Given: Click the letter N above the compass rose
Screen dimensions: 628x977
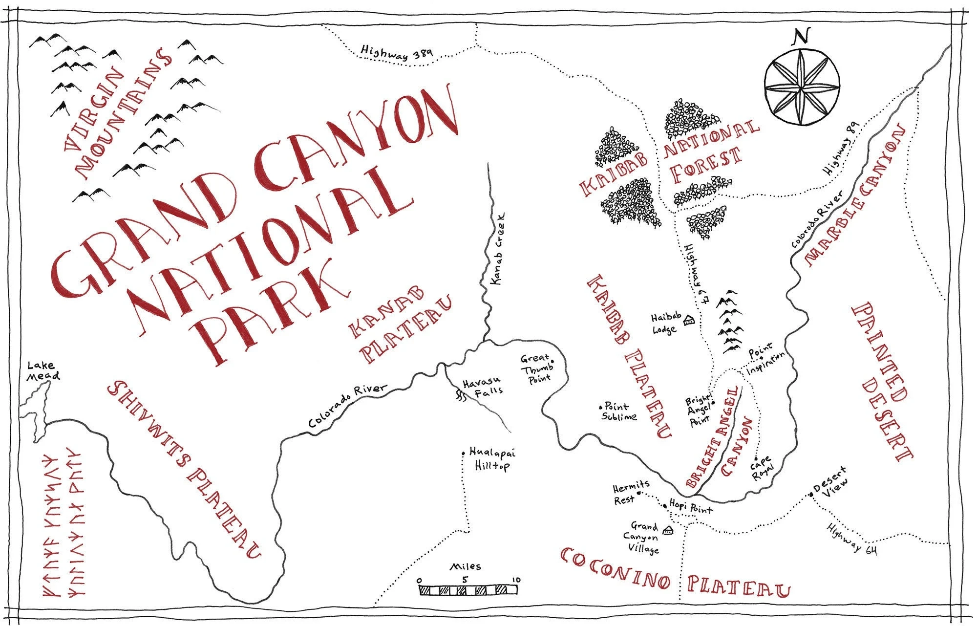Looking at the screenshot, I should click(x=801, y=37).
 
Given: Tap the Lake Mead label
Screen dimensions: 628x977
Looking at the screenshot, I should click(x=43, y=370).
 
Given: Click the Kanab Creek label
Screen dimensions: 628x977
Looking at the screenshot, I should click(x=497, y=249).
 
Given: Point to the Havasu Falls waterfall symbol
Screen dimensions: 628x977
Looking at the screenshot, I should click(x=460, y=395).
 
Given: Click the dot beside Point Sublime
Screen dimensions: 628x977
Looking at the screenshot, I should click(x=601, y=406).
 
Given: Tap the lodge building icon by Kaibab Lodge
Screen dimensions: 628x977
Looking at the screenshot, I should click(x=689, y=321).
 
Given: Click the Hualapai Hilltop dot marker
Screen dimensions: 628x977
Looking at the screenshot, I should click(x=463, y=453).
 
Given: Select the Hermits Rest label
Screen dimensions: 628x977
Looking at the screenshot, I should click(x=631, y=492).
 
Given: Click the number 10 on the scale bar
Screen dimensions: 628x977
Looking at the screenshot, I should click(x=516, y=580).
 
